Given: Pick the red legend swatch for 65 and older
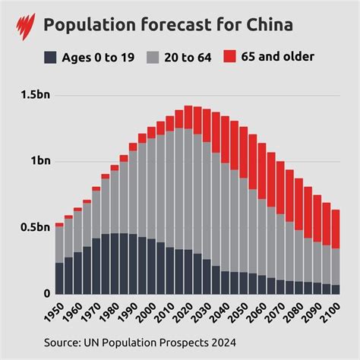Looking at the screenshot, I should pos(228,57).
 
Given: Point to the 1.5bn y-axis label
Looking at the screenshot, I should pos(34,96).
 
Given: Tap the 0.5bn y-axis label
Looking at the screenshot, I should pos(34,228).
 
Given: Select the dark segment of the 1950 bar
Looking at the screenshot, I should pos(59,278).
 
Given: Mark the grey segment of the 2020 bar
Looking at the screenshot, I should pos(188,189).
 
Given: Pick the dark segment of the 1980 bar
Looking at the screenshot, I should pos(115,263).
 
